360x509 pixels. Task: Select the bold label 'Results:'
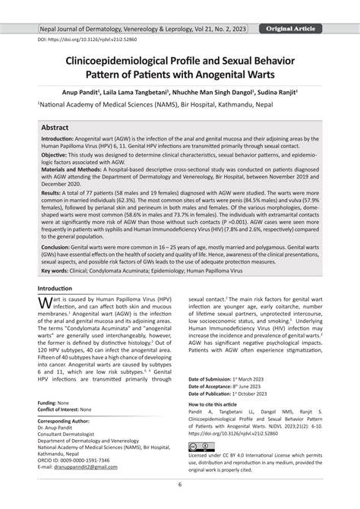click(x=53, y=195)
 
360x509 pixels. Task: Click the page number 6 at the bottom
click(x=180, y=484)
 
